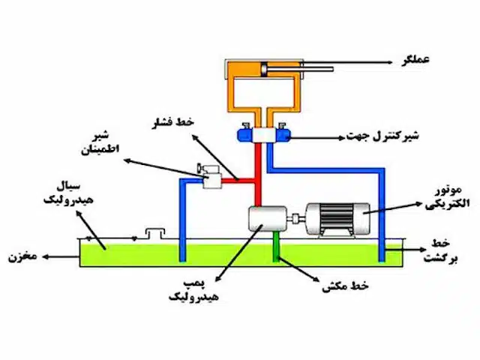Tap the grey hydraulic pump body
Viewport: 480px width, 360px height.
tap(263, 220)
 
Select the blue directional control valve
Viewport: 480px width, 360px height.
tap(264, 135)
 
